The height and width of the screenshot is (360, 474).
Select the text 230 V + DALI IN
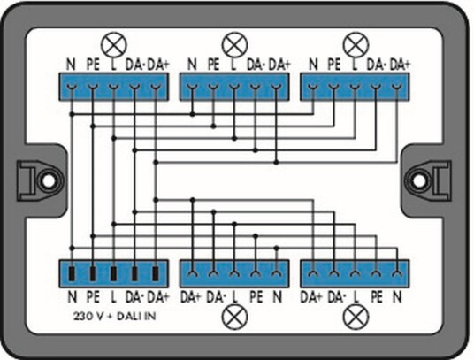tap(115, 316)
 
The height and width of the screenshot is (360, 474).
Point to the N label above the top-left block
tap(71, 65)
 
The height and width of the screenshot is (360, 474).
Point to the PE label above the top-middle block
tap(213, 65)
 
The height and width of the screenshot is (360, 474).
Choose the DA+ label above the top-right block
tap(400, 65)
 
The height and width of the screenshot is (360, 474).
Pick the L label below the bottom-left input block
tap(113, 297)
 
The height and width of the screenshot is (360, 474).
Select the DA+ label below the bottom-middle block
tap(190, 297)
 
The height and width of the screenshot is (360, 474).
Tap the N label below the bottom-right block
tap(397, 297)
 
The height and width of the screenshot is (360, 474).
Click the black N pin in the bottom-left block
tap(72, 274)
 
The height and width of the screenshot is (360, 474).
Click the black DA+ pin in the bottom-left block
tap(156, 274)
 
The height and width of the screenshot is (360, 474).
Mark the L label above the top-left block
tap(113, 65)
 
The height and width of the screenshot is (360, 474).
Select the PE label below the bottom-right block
tap(377, 297)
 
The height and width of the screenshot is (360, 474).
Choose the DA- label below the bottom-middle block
tap(216, 297)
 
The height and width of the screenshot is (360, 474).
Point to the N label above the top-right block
tap(313, 65)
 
